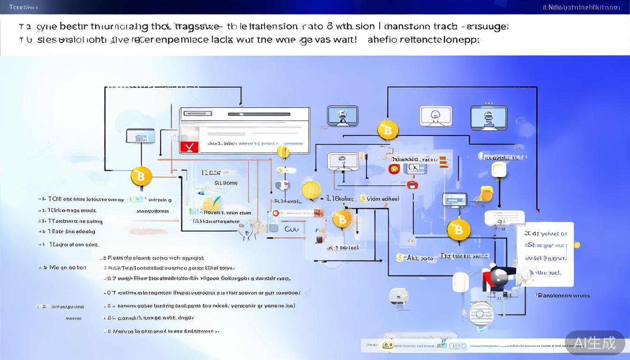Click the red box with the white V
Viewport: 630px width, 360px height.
(189, 146)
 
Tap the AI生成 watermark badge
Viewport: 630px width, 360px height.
(595, 343)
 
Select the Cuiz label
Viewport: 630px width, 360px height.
(292, 229)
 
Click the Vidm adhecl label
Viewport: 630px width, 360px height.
(382, 199)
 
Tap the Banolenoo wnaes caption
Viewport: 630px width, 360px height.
(563, 295)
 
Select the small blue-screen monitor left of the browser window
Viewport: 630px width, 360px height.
(140, 136)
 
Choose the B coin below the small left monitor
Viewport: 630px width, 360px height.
(141, 177)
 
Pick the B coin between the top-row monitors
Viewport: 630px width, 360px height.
(388, 130)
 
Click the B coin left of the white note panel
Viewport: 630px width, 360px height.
(458, 230)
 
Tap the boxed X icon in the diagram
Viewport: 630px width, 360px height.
(414, 167)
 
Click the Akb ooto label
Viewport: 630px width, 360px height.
(416, 258)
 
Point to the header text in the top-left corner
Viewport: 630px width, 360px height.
(23, 7)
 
